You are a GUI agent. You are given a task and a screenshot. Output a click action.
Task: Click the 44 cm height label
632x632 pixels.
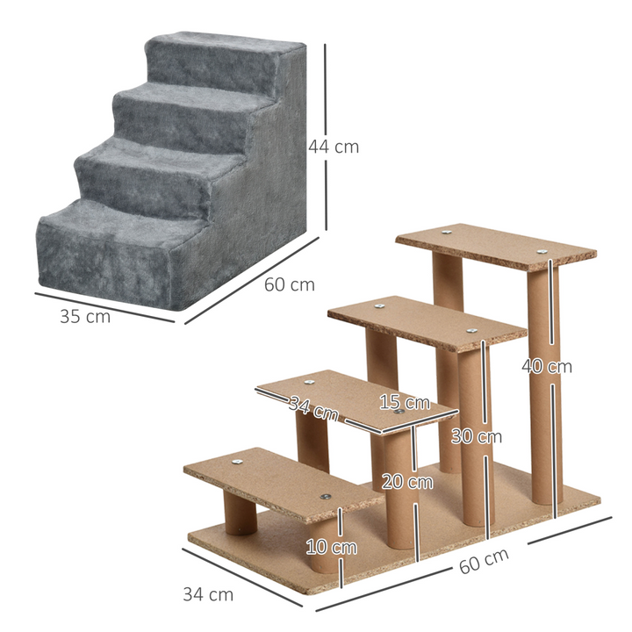[x=333, y=147]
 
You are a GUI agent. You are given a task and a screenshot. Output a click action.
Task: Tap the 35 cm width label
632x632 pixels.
[x=85, y=317]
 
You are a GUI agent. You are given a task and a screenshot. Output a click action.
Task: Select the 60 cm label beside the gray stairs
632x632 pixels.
[x=289, y=284]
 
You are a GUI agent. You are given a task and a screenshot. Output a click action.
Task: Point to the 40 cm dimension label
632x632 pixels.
[x=547, y=366]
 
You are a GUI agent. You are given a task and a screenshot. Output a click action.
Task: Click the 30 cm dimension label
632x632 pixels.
[x=477, y=435]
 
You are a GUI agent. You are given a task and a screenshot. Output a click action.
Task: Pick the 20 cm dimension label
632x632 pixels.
[x=407, y=481]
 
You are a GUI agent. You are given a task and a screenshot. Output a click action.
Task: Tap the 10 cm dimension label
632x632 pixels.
[x=332, y=547]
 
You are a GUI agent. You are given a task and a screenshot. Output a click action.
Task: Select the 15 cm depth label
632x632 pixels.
[x=405, y=403]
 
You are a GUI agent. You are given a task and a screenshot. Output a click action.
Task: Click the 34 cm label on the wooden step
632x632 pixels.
[x=313, y=406]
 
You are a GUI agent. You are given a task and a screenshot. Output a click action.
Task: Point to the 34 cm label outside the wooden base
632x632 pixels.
[x=208, y=594]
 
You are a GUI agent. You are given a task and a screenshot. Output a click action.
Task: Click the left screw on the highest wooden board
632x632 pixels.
[x=446, y=233]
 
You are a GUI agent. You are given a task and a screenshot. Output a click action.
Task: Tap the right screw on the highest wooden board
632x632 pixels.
[x=543, y=254]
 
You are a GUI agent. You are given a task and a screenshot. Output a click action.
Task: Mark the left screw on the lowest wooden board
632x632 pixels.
[x=238, y=458]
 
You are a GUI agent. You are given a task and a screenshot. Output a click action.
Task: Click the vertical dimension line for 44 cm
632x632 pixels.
[x=326, y=140]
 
